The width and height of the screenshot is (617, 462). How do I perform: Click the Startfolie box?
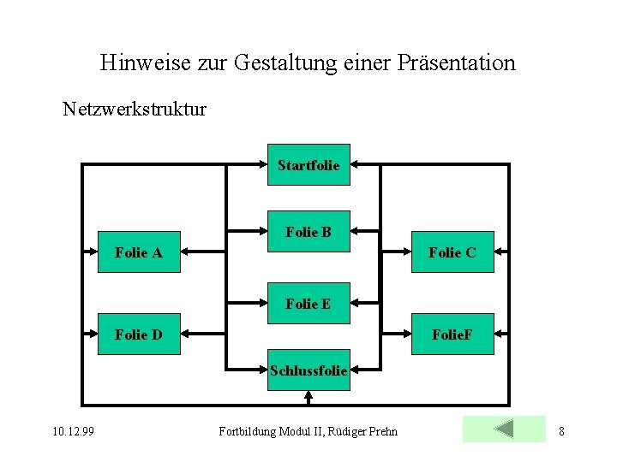(308, 165)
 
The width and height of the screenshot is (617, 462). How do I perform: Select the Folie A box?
(139, 252)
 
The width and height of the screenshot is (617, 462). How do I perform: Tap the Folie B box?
(308, 231)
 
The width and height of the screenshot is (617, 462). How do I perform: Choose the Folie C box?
(452, 252)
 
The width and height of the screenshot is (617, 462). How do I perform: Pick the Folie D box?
(139, 335)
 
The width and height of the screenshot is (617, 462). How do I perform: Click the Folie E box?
(308, 303)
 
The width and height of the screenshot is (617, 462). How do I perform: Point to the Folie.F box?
(452, 335)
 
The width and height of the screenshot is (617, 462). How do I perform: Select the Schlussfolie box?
(308, 370)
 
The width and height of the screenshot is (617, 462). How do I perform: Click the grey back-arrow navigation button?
(504, 429)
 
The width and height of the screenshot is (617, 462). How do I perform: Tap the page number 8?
(561, 431)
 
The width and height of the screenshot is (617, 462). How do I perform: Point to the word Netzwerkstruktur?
(135, 110)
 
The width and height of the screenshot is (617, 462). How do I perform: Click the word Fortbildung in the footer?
(245, 431)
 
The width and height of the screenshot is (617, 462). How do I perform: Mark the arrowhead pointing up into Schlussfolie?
(308, 395)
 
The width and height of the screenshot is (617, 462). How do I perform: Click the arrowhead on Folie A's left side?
(92, 252)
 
